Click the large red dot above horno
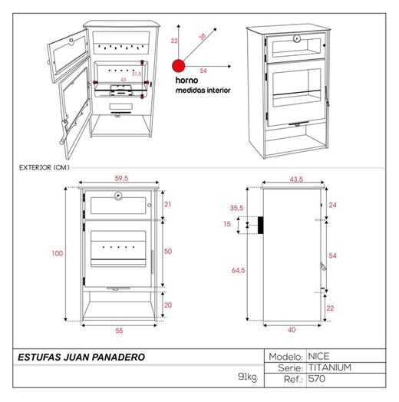click(x=179, y=66)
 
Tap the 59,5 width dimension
click(x=121, y=178)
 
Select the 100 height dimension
click(x=58, y=254)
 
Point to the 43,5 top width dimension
click(x=296, y=180)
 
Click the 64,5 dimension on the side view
click(x=238, y=270)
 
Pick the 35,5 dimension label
click(x=236, y=208)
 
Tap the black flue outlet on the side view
click(x=260, y=225)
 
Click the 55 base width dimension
click(x=119, y=331)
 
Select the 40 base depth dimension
click(x=292, y=330)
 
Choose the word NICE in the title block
click(x=318, y=357)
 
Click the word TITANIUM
click(x=329, y=367)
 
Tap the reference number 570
click(x=317, y=379)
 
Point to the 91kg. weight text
click(x=248, y=377)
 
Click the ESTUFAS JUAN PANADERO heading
click(x=81, y=358)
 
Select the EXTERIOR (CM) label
click(x=44, y=167)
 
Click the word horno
click(x=186, y=81)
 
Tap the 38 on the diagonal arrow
click(x=203, y=37)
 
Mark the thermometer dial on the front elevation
click(x=118, y=196)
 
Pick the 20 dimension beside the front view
click(x=168, y=305)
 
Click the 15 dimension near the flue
click(x=227, y=224)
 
